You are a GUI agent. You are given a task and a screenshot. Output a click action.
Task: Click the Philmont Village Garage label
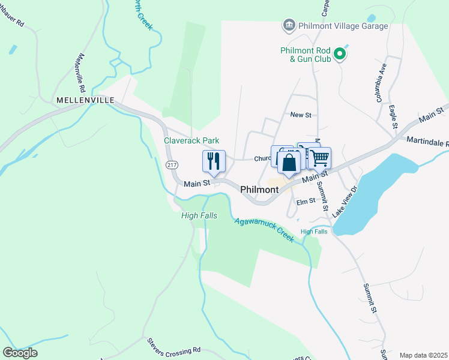click(342, 26)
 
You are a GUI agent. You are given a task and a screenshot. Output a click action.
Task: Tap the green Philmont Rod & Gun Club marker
click(340, 55)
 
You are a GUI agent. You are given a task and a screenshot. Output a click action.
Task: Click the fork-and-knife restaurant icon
click(214, 161)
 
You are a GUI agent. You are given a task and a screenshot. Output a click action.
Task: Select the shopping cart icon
click(320, 158)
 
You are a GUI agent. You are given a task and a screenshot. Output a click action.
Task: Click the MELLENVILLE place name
click(85, 100)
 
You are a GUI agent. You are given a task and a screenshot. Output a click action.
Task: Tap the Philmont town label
click(259, 190)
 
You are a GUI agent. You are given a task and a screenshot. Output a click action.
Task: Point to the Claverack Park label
click(191, 140)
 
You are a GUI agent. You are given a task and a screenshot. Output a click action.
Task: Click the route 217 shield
click(172, 164)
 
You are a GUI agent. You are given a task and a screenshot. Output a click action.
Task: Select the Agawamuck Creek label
click(264, 229)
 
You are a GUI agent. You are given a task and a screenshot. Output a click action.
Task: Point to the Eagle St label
click(393, 116)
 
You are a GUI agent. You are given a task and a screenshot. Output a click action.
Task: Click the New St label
click(300, 115)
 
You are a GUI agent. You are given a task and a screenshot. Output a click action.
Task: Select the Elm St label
click(306, 202)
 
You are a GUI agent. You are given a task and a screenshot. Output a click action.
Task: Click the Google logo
click(20, 353)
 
